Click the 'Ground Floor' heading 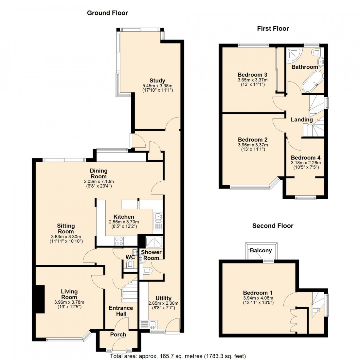(x=107, y=13)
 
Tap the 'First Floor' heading (x=273, y=29)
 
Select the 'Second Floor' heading (x=273, y=226)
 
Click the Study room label (x=157, y=81)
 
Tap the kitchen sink (x=158, y=216)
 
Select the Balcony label (x=261, y=251)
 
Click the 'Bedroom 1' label (x=258, y=293)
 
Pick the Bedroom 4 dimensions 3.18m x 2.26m (x=306, y=163)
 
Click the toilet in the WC (x=131, y=264)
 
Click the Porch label (x=118, y=334)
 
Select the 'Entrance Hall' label (x=121, y=311)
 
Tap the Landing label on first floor (x=302, y=120)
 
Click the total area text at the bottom (x=178, y=356)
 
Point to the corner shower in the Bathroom (x=294, y=55)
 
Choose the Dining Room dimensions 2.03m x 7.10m (x=99, y=182)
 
